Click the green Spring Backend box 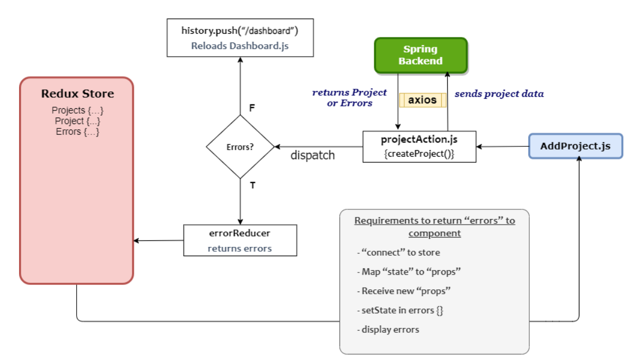point(421,55)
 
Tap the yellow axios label point(422,100)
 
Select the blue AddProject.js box point(576,146)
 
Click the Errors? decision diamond point(240,147)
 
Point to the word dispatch point(312,156)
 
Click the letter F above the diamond point(252,108)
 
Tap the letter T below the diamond point(252,185)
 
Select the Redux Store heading point(77,94)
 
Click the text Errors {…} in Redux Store point(77,132)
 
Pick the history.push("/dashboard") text point(239,31)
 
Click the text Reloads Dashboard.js point(239,46)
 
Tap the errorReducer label point(239,233)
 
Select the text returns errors point(239,249)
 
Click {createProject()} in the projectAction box point(419,153)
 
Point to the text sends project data point(499,94)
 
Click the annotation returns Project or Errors point(349,97)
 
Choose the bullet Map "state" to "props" point(405,271)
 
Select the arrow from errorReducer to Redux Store point(158,240)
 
